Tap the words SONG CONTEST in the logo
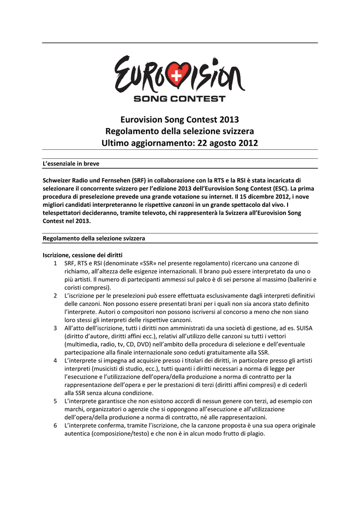click(179, 99)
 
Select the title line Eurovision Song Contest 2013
click(180, 120)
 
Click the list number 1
click(56, 262)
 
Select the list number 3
click(56, 328)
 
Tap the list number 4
click(56, 360)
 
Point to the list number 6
click(56, 425)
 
